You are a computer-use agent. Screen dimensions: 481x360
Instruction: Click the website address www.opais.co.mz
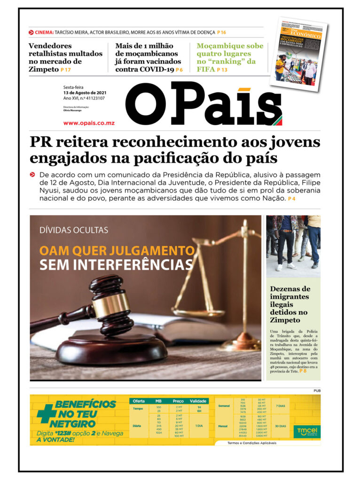coord(89,123)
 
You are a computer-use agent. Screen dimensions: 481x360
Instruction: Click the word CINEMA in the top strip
coord(44,32)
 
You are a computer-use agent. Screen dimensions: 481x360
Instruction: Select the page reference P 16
coord(221,32)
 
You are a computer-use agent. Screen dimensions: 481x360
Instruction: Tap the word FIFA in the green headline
coord(206,69)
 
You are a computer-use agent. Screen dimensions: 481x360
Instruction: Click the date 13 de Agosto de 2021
coord(85,93)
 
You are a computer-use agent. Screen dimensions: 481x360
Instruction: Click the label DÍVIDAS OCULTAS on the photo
coord(74,230)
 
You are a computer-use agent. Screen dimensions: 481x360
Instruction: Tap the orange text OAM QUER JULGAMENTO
coord(117,250)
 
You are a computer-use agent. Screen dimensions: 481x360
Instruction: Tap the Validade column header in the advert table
coord(198,401)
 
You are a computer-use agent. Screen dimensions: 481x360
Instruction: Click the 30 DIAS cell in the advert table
coord(280,426)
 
